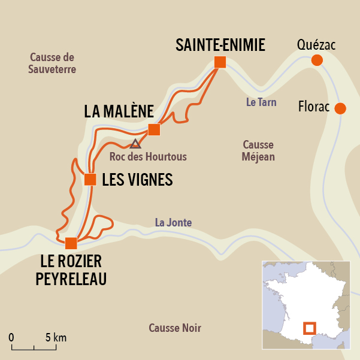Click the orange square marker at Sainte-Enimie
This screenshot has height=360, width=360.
[x=220, y=62]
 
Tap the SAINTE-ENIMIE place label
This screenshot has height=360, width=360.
[x=220, y=44]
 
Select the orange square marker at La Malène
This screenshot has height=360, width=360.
[x=154, y=129]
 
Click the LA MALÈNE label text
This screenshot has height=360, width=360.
[x=119, y=111]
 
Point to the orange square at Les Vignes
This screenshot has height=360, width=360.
[x=90, y=179]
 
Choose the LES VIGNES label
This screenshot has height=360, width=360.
[x=137, y=180]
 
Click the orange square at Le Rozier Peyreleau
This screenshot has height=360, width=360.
[x=71, y=243]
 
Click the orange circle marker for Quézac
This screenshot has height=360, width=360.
[x=317, y=60]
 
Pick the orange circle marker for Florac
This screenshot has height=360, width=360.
[x=340, y=108]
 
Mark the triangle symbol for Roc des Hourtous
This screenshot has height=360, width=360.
[x=135, y=144]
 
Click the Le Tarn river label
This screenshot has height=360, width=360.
[x=261, y=102]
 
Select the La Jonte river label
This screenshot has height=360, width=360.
[x=173, y=222]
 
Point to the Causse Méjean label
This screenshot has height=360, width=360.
[x=258, y=151]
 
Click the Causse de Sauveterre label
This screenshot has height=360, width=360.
[x=52, y=63]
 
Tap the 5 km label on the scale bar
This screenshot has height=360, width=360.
[x=56, y=337]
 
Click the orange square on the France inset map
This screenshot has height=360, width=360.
[x=309, y=328]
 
